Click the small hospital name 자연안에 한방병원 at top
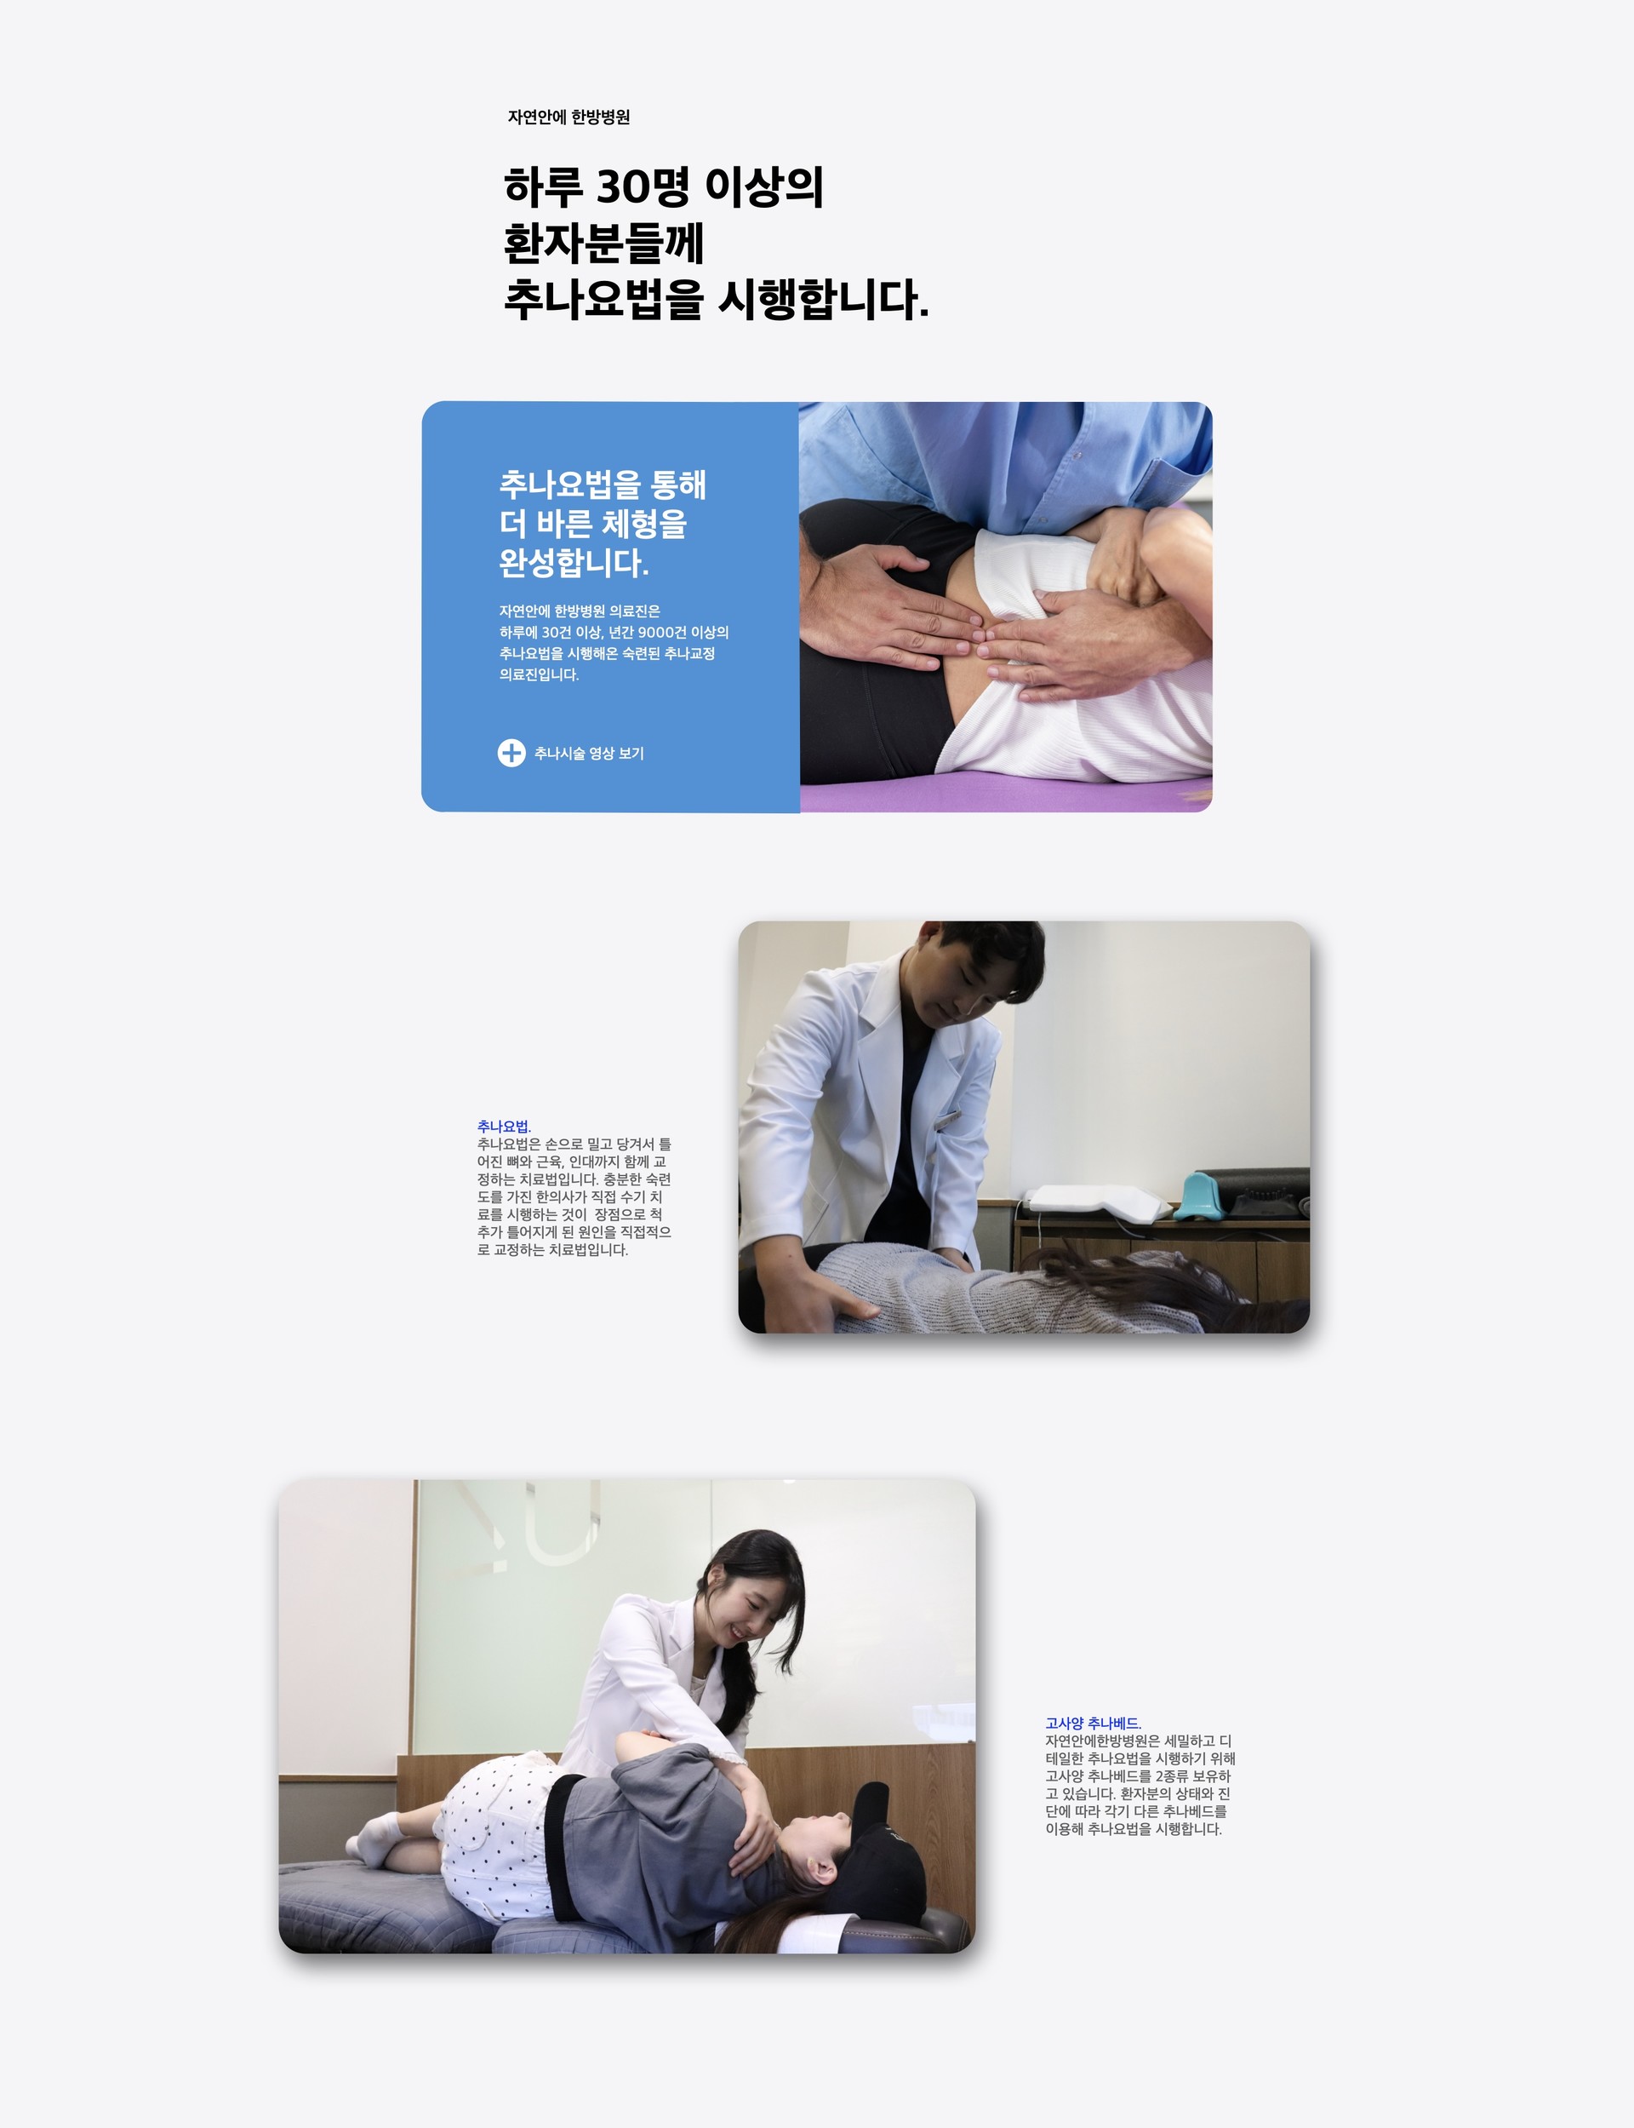pos(569,117)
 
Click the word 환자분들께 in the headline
pos(604,244)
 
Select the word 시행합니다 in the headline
pos(823,300)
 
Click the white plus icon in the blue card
pos(511,753)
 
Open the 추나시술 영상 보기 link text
pos(590,753)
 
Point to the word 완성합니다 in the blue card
pos(574,562)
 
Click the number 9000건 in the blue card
pos(661,633)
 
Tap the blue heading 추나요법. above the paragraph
pos(504,1127)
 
